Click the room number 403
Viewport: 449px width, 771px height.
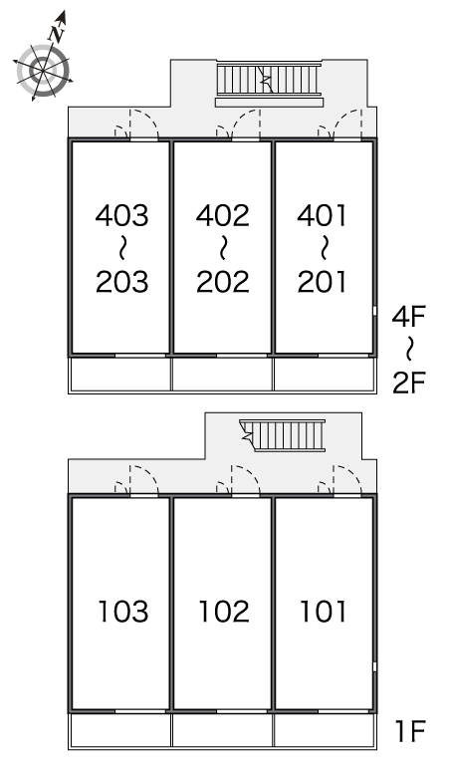tap(121, 215)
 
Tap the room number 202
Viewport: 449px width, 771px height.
tap(223, 282)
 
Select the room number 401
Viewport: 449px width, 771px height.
tap(322, 215)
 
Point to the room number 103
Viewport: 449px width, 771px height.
tap(123, 612)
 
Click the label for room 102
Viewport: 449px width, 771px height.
tap(224, 612)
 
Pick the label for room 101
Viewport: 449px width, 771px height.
tap(324, 612)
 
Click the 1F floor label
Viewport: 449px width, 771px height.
tap(410, 731)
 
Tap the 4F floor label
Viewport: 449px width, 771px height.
tap(408, 316)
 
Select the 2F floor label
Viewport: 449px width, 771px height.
tap(408, 383)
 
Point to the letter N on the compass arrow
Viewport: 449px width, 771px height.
tap(57, 34)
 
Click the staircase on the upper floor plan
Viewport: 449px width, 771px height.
tap(269, 79)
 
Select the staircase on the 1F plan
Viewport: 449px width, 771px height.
tap(283, 434)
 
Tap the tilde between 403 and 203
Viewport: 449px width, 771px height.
tap(122, 248)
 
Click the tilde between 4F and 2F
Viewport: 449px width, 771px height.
tap(409, 349)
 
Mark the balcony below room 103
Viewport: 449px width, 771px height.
tap(120, 732)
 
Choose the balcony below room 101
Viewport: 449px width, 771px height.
tap(325, 732)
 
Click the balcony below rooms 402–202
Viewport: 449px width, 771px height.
tap(223, 376)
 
